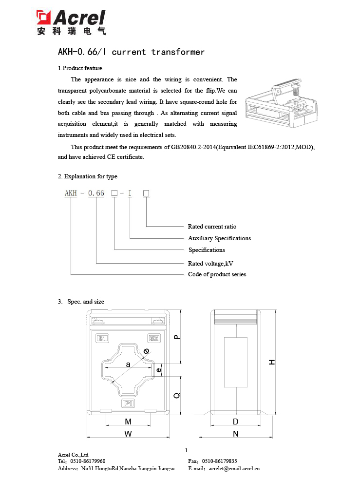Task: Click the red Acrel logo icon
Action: (44, 18)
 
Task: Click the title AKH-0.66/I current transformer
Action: (131, 52)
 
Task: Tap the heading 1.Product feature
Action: (80, 68)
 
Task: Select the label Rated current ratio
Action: (212, 227)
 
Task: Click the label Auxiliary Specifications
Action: (219, 238)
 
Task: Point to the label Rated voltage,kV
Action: (210, 264)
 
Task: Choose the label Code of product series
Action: (217, 274)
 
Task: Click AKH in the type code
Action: (71, 193)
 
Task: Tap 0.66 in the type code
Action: (96, 193)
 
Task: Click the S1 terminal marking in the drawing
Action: (103, 338)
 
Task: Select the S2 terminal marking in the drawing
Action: (154, 338)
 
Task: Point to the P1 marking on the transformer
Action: (128, 403)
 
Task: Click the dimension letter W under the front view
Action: (128, 434)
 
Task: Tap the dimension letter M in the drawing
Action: (128, 422)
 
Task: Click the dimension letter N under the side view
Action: (236, 434)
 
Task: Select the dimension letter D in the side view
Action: (236, 422)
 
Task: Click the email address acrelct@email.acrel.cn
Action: (234, 469)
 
